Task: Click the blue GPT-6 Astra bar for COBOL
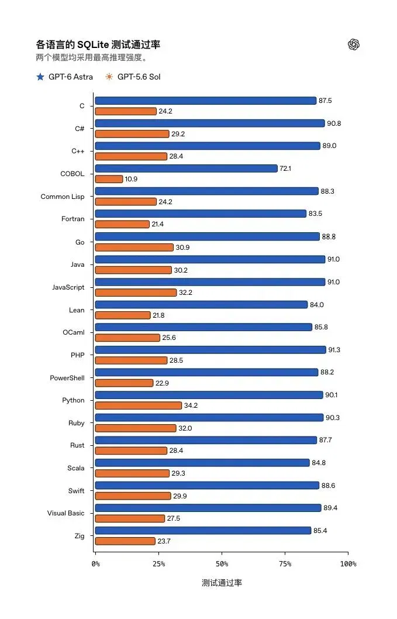pos(187,168)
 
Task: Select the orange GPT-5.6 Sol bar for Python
pos(139,405)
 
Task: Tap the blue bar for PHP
pos(210,350)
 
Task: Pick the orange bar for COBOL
pos(109,179)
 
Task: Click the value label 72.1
pos(285,168)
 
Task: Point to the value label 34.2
pos(191,405)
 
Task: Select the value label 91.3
pos(334,350)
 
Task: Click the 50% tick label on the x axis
pos(222,564)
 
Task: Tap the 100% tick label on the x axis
pos(348,564)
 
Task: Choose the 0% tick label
pos(95,564)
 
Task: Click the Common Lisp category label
pos(63,197)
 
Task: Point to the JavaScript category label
pos(68,287)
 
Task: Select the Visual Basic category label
pos(66,513)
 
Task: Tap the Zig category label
pos(80,536)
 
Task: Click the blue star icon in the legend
pos(40,77)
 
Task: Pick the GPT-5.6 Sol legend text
pos(139,77)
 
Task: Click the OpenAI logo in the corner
pos(354,44)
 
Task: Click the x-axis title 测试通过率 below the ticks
pos(222,583)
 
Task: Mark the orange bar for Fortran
pos(122,224)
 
